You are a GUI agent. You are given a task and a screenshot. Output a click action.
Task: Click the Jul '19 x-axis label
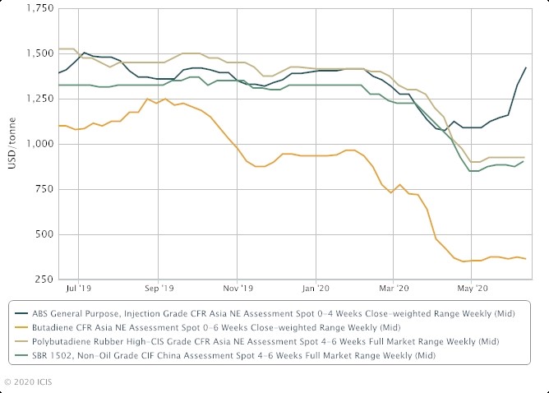79,289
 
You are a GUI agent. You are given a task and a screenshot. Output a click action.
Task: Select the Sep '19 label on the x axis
158,289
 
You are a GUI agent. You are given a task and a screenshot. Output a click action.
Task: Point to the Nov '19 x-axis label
237,289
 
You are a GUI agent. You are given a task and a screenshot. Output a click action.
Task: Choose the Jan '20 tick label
316,289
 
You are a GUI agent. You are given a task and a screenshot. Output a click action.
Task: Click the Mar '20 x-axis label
394,289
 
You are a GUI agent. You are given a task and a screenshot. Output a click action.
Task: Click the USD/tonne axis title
11,144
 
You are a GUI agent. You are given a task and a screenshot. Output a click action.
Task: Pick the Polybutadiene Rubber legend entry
263,340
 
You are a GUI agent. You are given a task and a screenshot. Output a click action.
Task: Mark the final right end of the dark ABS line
526,67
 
